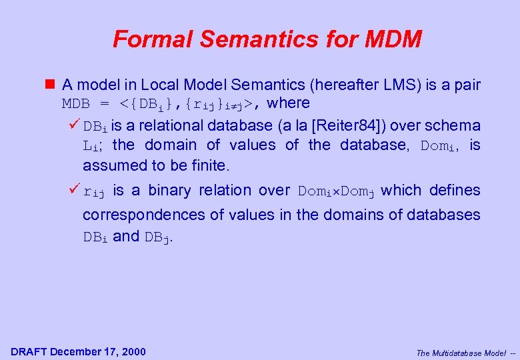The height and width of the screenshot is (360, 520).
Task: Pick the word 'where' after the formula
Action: tap(287, 103)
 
